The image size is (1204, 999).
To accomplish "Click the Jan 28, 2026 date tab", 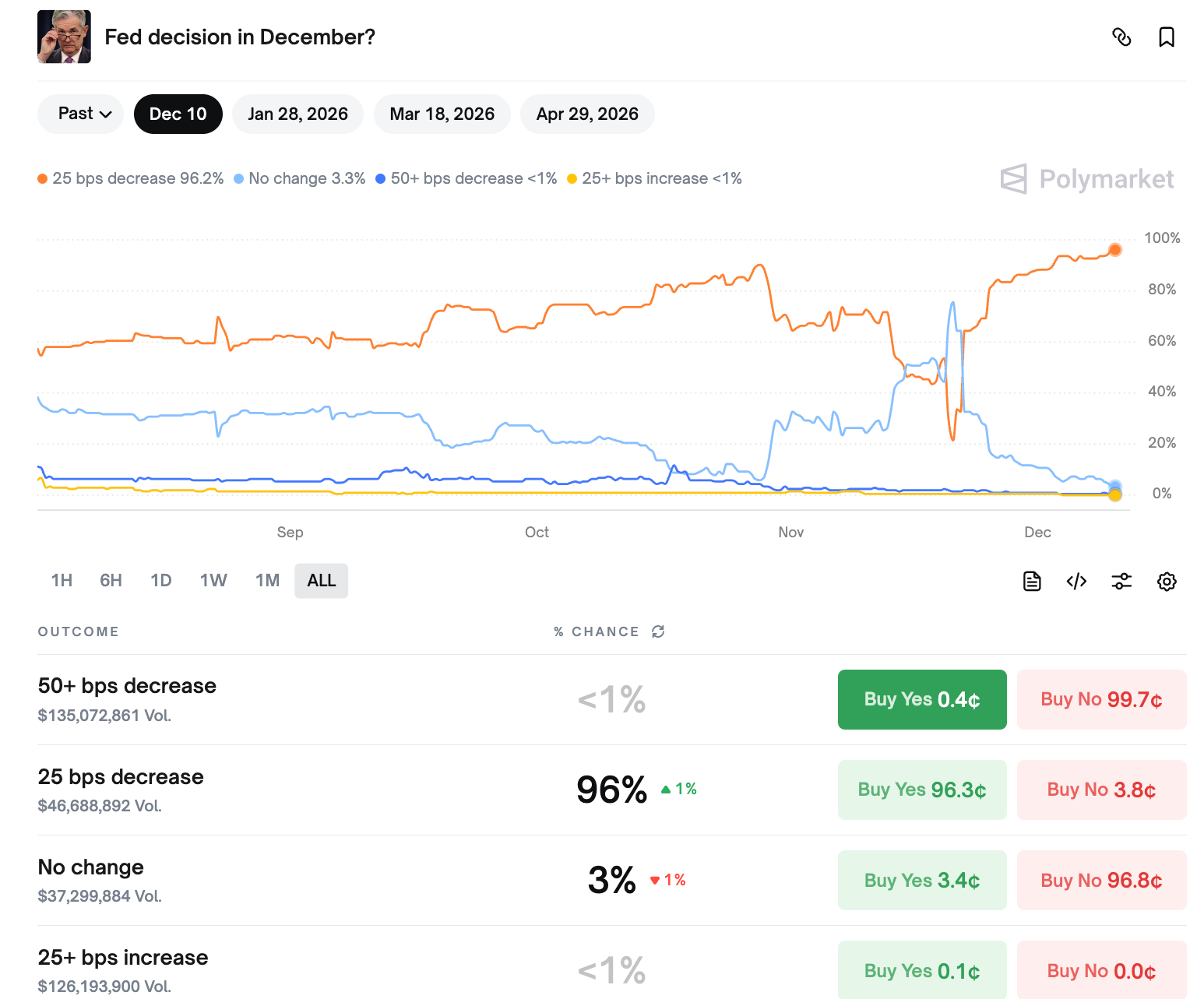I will pos(297,114).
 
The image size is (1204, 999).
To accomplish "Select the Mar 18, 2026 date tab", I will pos(442,114).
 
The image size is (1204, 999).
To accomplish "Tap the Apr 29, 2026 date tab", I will pos(587,114).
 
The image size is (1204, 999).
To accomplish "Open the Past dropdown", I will pos(80,114).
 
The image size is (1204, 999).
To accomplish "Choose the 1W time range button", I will pos(213,581).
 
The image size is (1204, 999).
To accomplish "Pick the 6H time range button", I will pos(111,581).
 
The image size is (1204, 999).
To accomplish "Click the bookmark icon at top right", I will pos(1166,37).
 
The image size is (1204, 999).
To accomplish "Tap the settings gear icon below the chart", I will pos(1166,582).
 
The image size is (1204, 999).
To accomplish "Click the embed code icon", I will pos(1076,582).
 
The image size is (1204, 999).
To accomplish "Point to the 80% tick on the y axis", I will pos(1161,290).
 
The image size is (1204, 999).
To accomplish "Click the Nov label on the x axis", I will pos(790,533).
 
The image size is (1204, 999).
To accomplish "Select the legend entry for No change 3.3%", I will pos(300,179).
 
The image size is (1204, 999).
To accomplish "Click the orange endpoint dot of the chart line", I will pos(1115,250).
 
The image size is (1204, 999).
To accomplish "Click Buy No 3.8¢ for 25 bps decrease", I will pos(1101,790).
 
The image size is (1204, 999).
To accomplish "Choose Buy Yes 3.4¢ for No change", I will pos(922,881).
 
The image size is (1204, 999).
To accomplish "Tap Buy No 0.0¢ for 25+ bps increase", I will pos(1101,971).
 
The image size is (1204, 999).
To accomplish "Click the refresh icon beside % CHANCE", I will pos(658,631).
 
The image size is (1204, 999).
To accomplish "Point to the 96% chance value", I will pos(611,790).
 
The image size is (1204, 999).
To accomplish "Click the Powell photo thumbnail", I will pos(64,37).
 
